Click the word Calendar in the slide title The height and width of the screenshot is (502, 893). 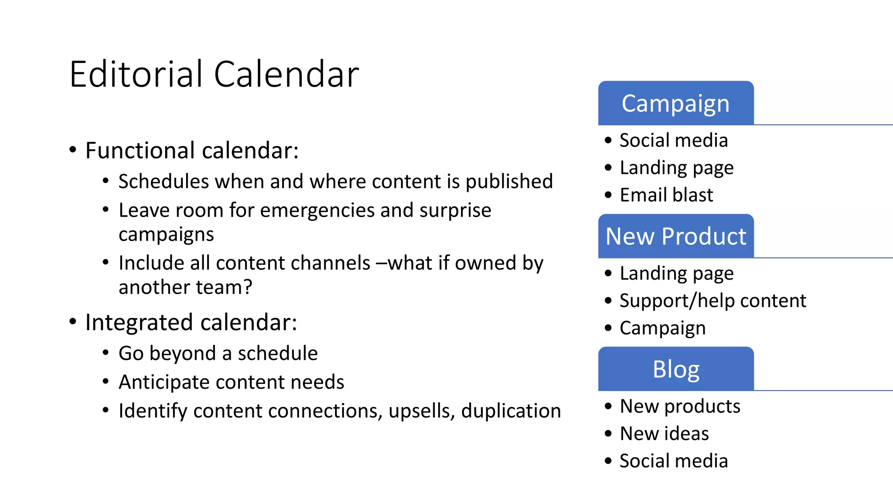click(286, 74)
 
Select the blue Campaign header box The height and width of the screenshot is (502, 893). click(675, 103)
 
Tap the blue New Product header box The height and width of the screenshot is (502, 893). click(675, 236)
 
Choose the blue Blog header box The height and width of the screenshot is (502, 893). click(675, 369)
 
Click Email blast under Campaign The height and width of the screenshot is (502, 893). click(666, 195)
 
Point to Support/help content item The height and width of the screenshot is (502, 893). click(712, 301)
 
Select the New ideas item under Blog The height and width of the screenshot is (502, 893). click(664, 434)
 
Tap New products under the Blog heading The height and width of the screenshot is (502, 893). click(680, 406)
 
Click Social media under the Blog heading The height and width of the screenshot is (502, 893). click(674, 461)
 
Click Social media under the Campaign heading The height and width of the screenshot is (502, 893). click(674, 140)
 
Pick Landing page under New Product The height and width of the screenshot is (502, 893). click(676, 274)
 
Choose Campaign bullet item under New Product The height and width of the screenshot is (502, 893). click(662, 328)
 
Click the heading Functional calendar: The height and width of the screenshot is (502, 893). click(192, 151)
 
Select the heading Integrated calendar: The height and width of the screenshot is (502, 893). click(191, 323)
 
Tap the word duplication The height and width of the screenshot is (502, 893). click(511, 411)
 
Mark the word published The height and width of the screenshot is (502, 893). click(509, 182)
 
